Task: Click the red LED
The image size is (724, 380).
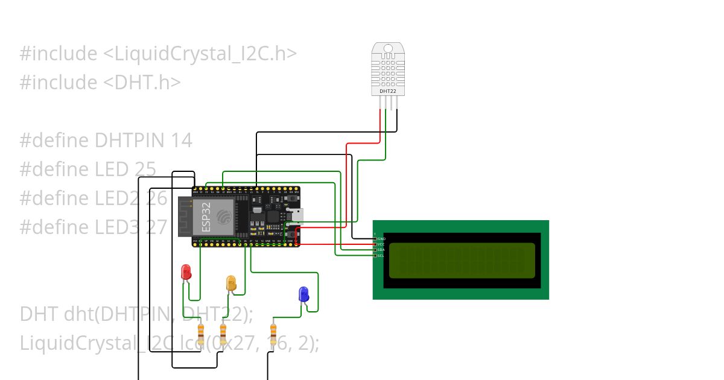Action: point(186,271)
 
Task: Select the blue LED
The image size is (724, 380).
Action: point(303,294)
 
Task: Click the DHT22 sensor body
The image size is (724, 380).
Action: point(387,69)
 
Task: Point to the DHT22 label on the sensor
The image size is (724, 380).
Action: point(387,92)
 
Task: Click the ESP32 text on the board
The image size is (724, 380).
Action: point(206,217)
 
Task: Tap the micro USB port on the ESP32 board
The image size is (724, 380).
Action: point(296,215)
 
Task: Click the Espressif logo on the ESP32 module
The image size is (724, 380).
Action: point(224,217)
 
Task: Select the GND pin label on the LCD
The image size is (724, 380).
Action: point(381,239)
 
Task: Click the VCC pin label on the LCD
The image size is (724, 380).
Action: point(381,244)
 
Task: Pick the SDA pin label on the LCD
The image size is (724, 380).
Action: point(381,250)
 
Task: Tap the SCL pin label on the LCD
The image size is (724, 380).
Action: point(381,256)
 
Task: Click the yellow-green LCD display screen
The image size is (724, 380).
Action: point(462,260)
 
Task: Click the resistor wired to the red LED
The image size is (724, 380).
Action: point(201,334)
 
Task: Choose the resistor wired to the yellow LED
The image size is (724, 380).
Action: point(223,334)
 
